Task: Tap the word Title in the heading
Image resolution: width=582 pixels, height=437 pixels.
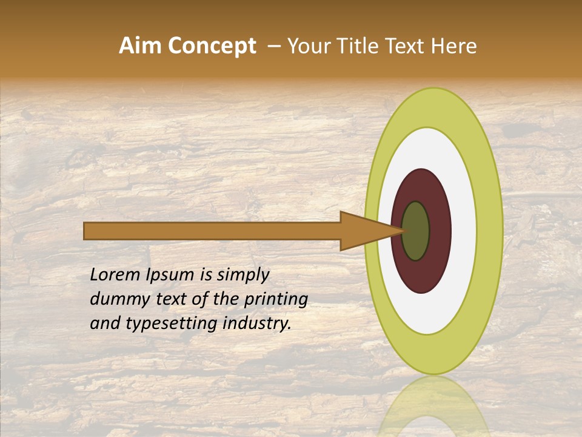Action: (354, 46)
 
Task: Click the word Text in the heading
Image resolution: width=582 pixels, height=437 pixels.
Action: (406, 46)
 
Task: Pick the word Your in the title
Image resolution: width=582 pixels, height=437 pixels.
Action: (308, 46)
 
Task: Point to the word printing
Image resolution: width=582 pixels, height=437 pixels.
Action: (276, 300)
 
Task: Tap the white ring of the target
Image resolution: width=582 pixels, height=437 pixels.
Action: (463, 231)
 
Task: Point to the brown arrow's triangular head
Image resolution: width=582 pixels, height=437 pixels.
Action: (364, 231)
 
